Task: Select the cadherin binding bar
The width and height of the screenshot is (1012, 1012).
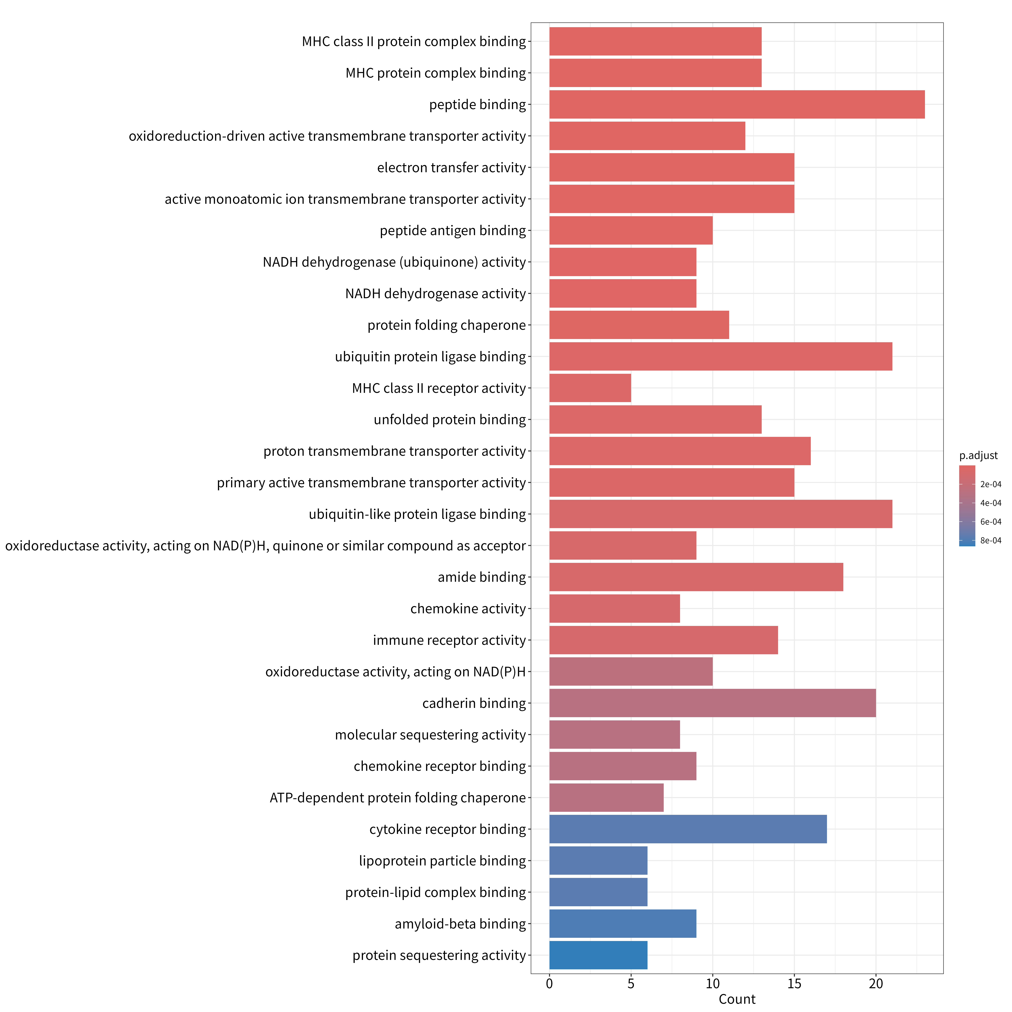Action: (x=712, y=703)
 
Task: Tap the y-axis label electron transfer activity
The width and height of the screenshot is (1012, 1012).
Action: (x=452, y=168)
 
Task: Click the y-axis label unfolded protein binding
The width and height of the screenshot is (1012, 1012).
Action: (x=450, y=420)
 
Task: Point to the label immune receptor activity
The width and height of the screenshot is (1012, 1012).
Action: (x=449, y=640)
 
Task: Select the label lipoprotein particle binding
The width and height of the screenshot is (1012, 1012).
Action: (x=443, y=861)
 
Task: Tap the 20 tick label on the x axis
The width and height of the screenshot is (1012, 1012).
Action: (x=876, y=984)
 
